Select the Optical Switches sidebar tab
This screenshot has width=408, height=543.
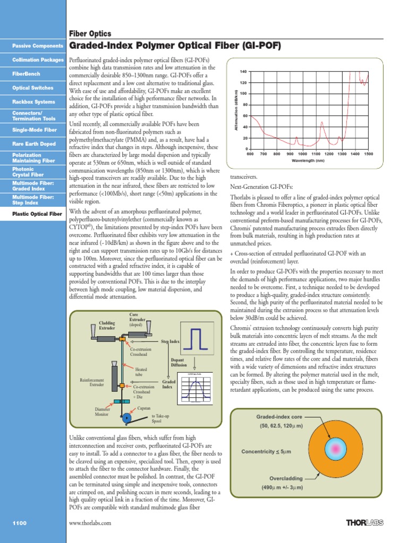32,88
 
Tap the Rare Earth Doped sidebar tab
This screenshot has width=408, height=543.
33,144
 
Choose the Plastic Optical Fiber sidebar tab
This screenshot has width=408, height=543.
37,214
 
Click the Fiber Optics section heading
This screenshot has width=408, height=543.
90,33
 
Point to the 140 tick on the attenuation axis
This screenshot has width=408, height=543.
243,72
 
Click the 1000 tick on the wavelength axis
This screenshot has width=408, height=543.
303,154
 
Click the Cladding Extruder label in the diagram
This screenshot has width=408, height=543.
107,325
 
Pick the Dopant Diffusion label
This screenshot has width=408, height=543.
178,363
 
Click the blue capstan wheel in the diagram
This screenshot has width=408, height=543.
126,418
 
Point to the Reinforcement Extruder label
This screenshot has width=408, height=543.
92,382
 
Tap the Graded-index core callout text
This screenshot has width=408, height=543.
279,417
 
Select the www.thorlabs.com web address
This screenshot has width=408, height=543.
90,523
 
